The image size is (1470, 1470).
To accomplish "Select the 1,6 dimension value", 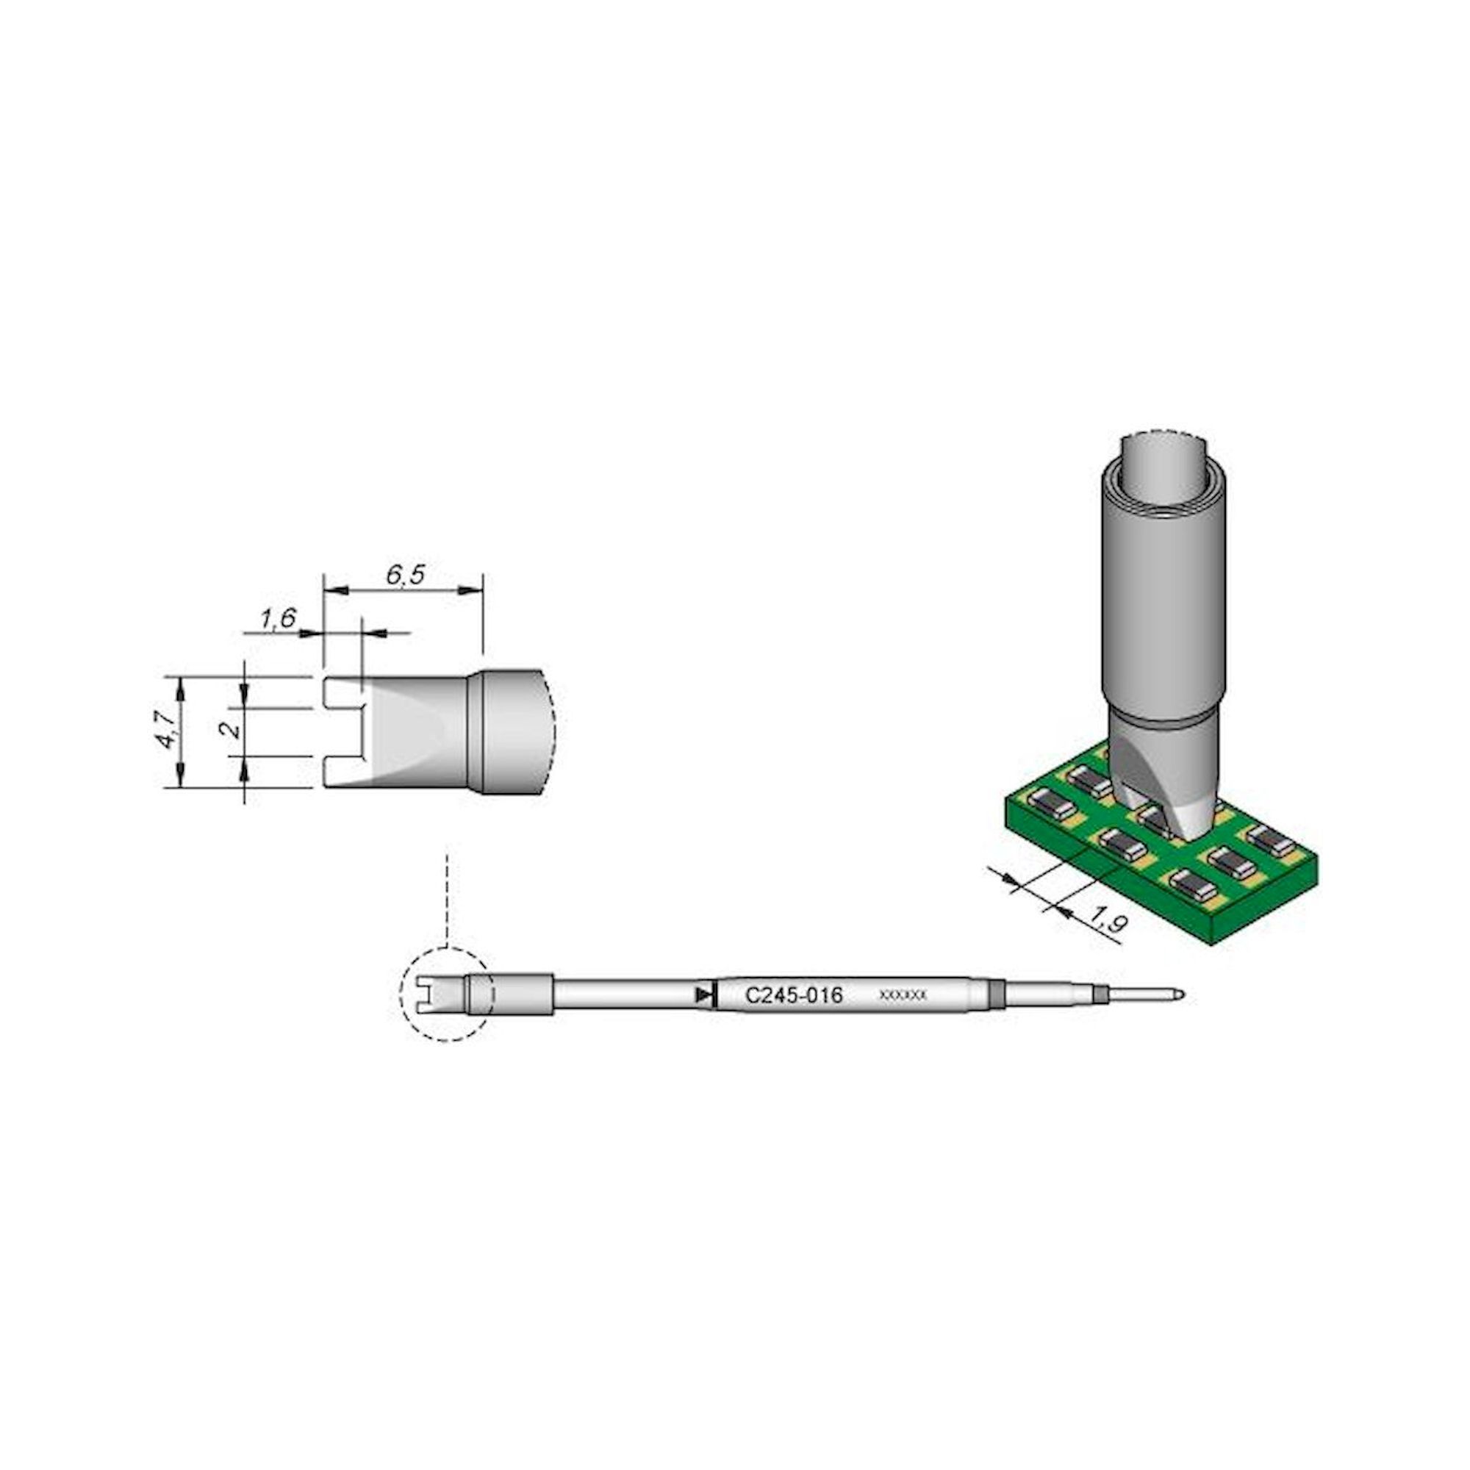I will pyautogui.click(x=278, y=619).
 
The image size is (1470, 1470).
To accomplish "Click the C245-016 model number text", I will pyautogui.click(x=794, y=995).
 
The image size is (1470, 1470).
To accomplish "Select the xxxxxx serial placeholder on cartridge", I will pyautogui.click(x=903, y=995).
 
